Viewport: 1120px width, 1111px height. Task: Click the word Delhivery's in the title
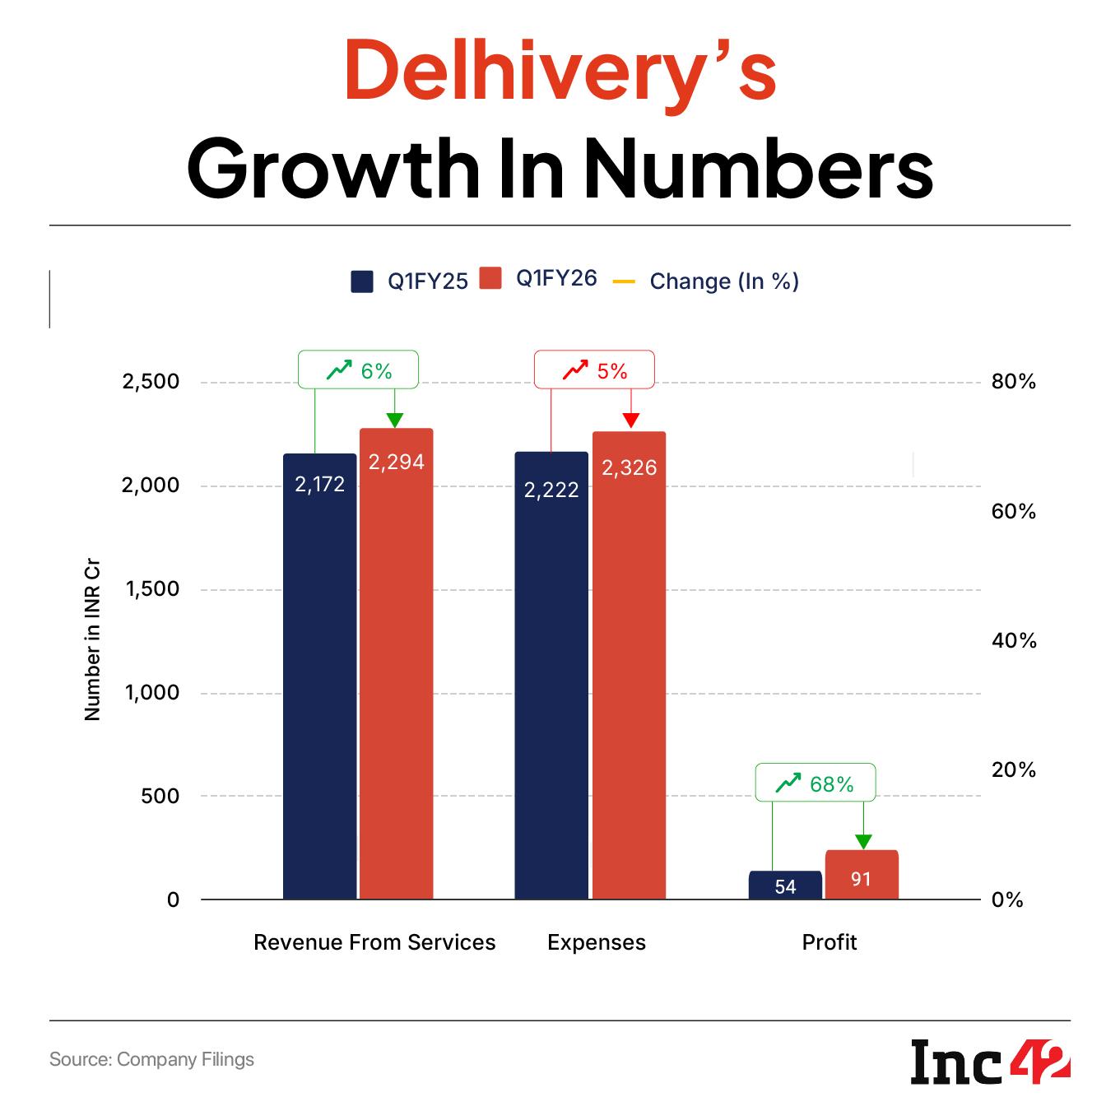(x=560, y=73)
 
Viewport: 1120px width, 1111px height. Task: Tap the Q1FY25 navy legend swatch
(x=362, y=281)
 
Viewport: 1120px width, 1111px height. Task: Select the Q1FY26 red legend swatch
(x=490, y=278)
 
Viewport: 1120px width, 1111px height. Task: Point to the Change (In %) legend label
(x=724, y=281)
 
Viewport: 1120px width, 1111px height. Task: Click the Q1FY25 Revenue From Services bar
(x=320, y=675)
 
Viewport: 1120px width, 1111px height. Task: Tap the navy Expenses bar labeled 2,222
(x=551, y=675)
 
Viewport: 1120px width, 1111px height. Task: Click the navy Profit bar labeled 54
(x=785, y=886)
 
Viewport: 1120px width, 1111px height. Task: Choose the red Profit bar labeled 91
(x=862, y=875)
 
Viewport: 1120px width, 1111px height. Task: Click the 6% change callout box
(x=358, y=370)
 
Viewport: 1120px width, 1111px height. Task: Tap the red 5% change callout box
(x=595, y=370)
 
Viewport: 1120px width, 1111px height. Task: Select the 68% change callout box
(x=816, y=783)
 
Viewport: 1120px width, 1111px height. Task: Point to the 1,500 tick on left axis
(x=151, y=589)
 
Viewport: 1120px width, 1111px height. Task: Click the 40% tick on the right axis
(x=1014, y=640)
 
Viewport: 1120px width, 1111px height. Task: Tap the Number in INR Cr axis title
(x=92, y=642)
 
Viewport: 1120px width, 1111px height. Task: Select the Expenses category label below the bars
(x=597, y=942)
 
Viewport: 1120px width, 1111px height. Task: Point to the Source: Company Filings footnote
(x=151, y=1059)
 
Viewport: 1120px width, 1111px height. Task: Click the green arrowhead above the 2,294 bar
(x=396, y=420)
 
